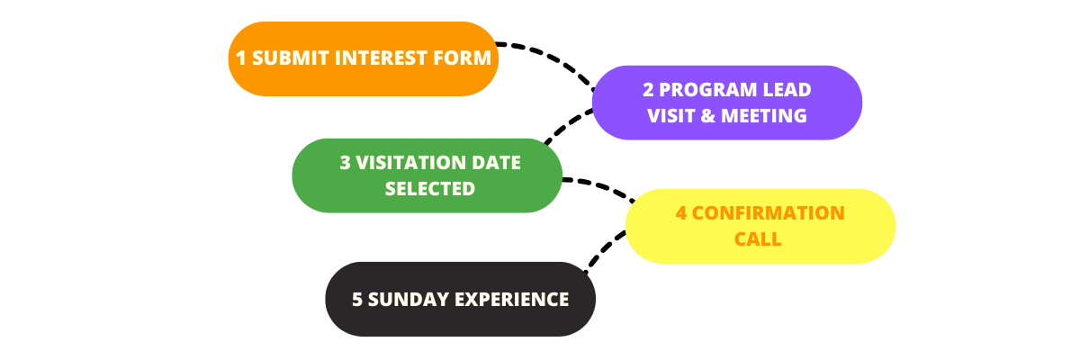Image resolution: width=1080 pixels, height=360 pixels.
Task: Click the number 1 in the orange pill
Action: point(241,58)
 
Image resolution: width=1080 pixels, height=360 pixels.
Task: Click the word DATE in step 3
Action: point(497,163)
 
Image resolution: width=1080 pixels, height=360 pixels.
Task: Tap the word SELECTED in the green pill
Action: point(429,189)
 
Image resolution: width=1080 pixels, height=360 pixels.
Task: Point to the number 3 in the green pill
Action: point(346,163)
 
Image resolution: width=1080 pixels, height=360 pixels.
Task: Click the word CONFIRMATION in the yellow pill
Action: point(769,213)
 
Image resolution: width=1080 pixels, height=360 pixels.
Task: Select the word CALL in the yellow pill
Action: point(758,239)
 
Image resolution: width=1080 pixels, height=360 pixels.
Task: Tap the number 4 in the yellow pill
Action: point(681,213)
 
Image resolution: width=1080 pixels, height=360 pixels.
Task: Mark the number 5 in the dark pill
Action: point(357,300)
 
